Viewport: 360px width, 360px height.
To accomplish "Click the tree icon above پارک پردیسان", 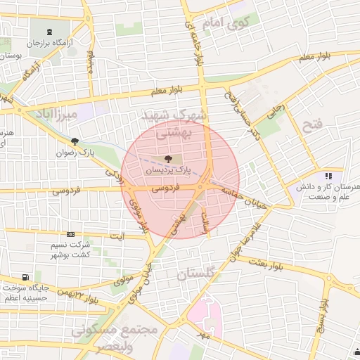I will pos(167,159).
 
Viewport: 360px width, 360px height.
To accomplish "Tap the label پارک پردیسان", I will pos(167,169).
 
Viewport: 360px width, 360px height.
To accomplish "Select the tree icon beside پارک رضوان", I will pos(75,141).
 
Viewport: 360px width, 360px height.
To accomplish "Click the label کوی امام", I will pos(226,23).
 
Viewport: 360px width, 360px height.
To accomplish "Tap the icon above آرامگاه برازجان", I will pos(49,32).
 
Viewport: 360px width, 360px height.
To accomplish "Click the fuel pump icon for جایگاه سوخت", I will pos(26,277).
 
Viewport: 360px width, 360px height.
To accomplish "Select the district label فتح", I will pos(311,127).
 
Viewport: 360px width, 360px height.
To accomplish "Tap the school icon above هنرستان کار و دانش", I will pos(328,176).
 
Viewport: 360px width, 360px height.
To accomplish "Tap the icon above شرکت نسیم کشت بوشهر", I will pos(70,234).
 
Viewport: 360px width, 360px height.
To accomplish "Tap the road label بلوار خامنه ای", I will pos(193,42).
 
